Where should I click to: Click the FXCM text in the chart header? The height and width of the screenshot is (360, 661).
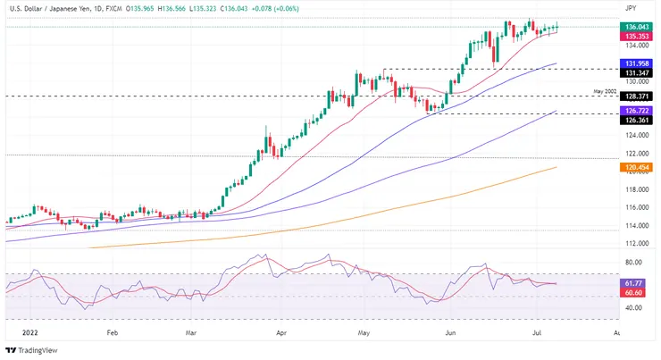[x=113, y=7]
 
